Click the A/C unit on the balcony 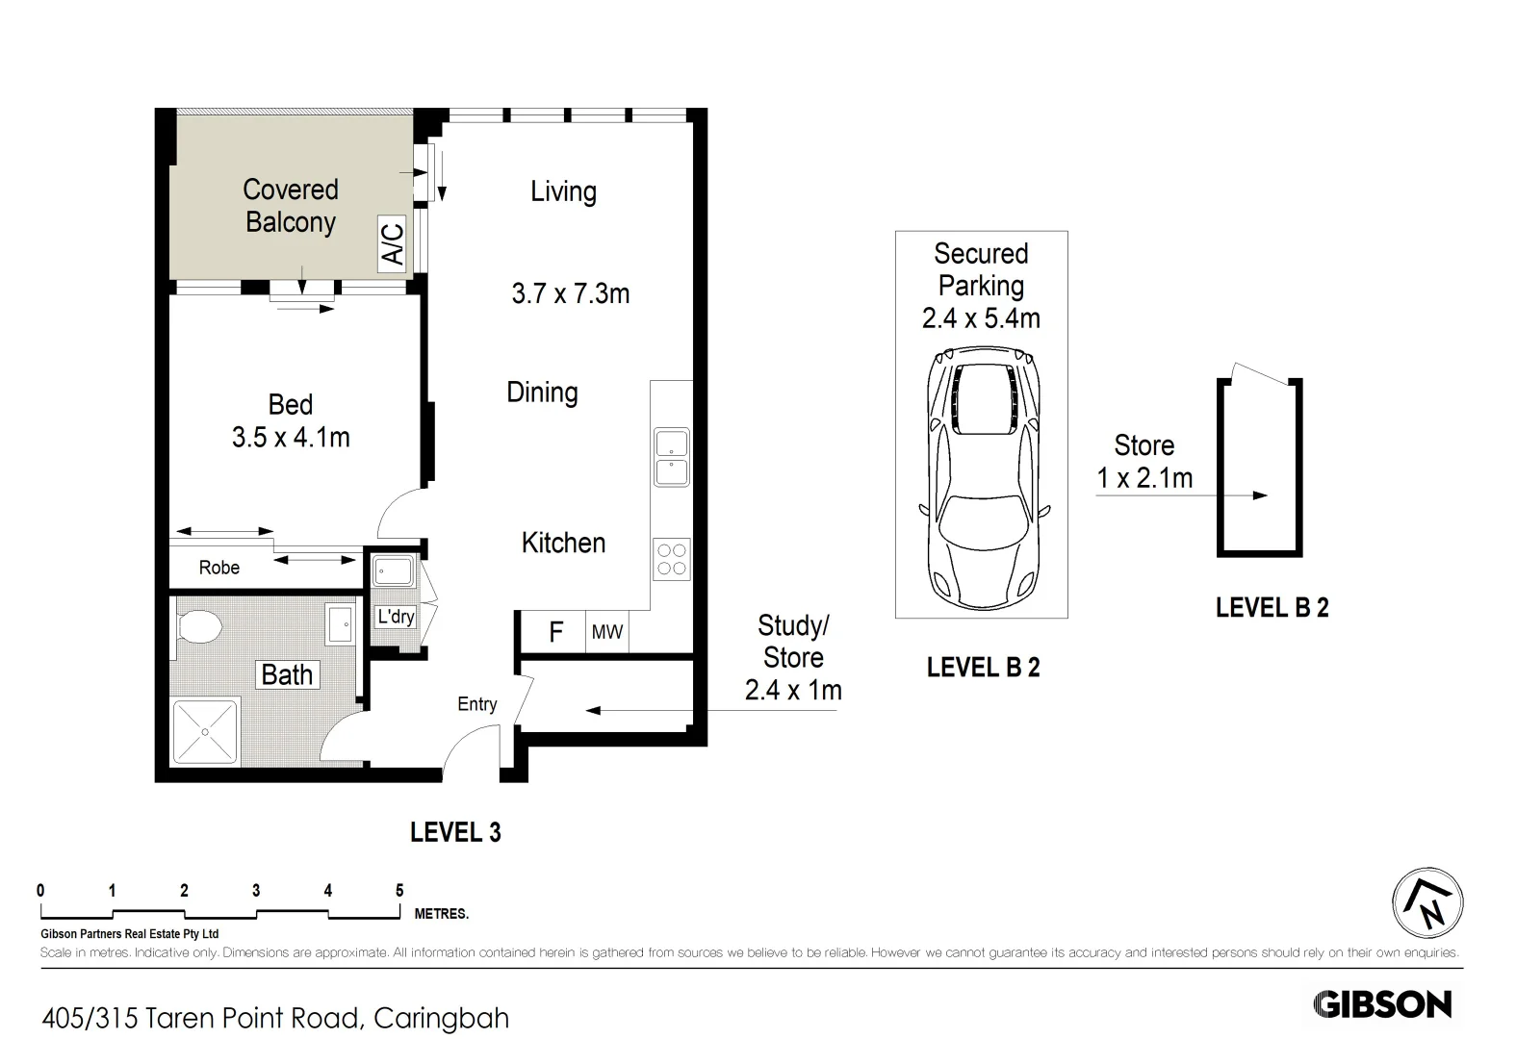pos(393,242)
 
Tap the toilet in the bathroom pos(199,627)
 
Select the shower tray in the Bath pos(204,732)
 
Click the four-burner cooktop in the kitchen pos(672,559)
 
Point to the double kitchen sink pos(672,458)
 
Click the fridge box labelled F pos(555,632)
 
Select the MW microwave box pos(607,632)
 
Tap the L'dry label pos(396,617)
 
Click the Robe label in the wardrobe pos(219,568)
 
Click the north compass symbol pos(1427,902)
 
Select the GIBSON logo pos(1382,1004)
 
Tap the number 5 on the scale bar pos(399,891)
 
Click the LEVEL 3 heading pos(455,832)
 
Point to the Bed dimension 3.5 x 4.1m pos(291,437)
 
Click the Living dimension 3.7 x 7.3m pos(571,293)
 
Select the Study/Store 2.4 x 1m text pos(793,658)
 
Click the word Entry pos(477,704)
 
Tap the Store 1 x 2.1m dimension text pos(1144,477)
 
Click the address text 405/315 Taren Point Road pos(275,1018)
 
